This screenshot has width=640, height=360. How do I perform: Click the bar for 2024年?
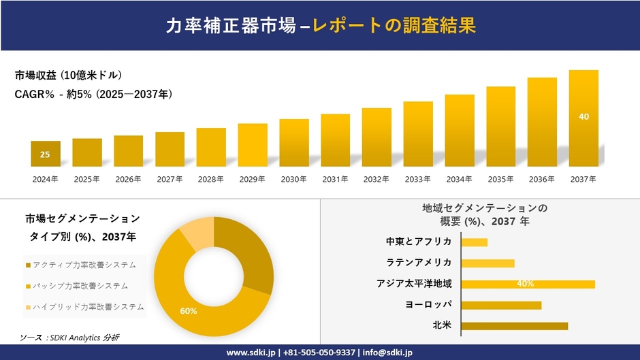45,154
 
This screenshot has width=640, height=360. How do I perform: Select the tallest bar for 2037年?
583,118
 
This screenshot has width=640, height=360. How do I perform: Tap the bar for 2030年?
293,143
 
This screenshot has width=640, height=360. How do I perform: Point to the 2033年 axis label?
417,179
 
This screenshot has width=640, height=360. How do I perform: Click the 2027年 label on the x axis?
170,179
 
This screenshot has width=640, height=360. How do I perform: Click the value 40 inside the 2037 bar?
583,116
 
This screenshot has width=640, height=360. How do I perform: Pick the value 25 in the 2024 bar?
45,154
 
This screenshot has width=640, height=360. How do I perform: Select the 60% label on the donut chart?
189,311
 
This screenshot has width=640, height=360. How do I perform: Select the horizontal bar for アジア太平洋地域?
528,284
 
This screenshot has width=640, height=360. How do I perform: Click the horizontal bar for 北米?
514,326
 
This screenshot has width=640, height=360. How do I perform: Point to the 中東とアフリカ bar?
474,242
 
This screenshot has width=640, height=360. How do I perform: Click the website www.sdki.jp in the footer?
251,353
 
